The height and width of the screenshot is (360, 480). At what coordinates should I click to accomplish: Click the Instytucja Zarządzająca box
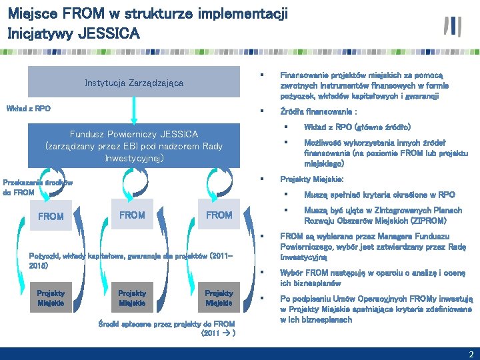tap(133, 83)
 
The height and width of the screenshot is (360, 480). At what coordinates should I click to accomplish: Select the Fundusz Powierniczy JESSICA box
tap(133, 146)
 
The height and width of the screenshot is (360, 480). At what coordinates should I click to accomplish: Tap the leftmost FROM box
tap(51, 216)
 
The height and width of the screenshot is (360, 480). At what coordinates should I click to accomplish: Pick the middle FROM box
tap(131, 215)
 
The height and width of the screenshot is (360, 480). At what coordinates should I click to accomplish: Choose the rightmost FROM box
tap(219, 215)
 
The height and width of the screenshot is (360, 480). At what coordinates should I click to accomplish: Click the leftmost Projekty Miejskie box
tap(51, 297)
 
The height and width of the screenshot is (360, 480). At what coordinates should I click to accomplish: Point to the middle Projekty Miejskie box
tap(132, 297)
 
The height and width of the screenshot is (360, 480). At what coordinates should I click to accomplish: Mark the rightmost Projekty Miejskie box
tap(219, 297)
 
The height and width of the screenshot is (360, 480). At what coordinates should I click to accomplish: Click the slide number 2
tap(471, 353)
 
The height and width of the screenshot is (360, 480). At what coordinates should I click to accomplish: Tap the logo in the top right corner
tap(453, 26)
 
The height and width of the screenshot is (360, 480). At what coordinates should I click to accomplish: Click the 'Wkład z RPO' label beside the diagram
tap(28, 109)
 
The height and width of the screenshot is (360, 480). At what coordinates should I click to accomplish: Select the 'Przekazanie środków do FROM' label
tap(37, 187)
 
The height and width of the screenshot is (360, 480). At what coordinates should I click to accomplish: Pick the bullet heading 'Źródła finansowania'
tap(318, 111)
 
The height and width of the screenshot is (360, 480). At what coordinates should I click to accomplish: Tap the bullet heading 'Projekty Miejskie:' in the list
tap(311, 179)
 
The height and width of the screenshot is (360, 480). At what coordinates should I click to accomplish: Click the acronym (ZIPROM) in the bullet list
tap(424, 220)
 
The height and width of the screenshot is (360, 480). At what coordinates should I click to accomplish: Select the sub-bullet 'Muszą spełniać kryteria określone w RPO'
tap(379, 195)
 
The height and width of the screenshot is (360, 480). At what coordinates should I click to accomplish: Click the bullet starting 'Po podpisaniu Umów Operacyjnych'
tap(375, 309)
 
